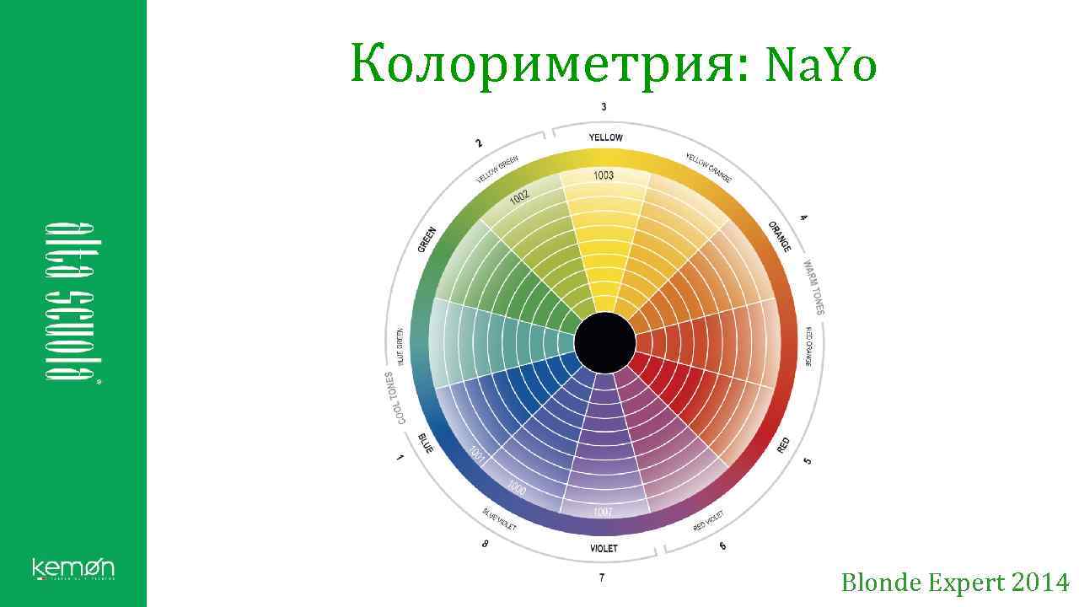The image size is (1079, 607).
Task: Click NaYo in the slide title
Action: pos(820,65)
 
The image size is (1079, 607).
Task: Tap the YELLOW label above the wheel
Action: pos(605,137)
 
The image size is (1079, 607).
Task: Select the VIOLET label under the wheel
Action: pos(604,548)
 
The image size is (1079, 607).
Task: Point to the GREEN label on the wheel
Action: pos(427,239)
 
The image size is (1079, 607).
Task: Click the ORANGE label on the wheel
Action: pos(780,236)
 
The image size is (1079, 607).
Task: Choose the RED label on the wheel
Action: pos(784,445)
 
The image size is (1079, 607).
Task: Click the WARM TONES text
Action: pos(813,287)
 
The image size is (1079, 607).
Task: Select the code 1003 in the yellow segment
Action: pos(604,175)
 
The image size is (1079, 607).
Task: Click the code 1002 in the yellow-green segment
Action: pos(519,196)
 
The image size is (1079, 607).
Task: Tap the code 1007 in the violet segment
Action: pos(603,512)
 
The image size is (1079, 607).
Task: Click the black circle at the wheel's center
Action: pos(604,342)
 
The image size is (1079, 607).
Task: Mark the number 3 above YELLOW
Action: pos(604,106)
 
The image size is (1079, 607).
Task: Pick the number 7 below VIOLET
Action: pos(601,578)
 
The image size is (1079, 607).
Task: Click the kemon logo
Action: pos(73,569)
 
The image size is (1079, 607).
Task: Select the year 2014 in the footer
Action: pos(1040,583)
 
